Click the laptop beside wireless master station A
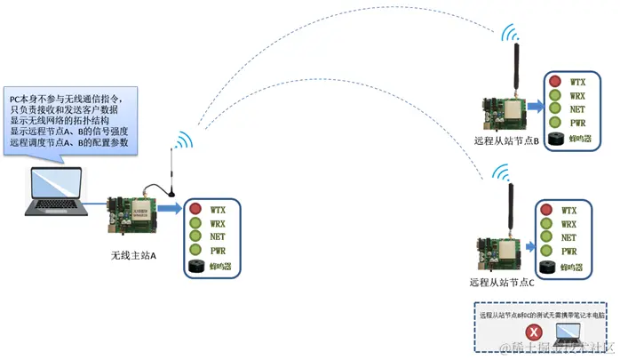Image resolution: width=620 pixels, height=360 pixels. (x=55, y=192)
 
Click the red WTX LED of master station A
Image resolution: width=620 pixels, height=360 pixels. (x=195, y=211)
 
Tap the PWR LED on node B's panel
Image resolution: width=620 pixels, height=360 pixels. (x=554, y=122)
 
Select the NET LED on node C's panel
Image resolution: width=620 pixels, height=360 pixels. (x=546, y=237)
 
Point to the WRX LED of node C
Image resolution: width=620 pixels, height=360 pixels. (x=546, y=224)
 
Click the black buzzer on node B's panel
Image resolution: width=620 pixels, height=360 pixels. (x=557, y=139)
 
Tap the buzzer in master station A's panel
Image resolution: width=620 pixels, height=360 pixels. (x=196, y=266)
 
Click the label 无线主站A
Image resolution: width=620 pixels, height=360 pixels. (x=133, y=256)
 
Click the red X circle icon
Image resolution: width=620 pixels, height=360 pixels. (x=536, y=331)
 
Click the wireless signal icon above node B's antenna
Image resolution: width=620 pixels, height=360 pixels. (x=510, y=33)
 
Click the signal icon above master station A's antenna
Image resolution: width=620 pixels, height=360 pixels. (x=182, y=142)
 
